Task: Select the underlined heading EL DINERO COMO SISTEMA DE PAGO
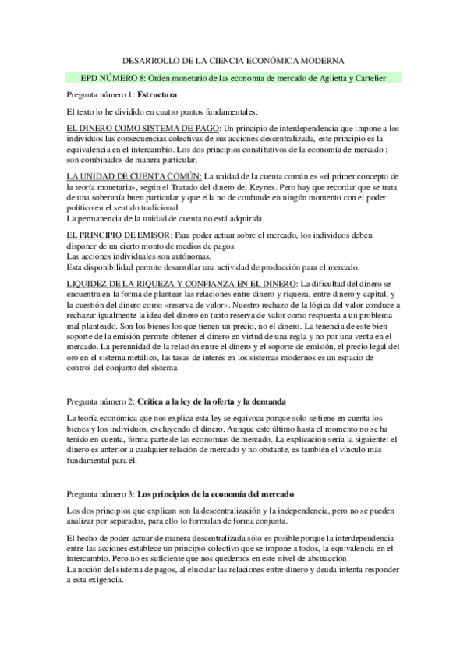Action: click(x=143, y=128)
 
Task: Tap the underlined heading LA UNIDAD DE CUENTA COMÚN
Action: click(x=134, y=177)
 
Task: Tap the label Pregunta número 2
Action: click(x=100, y=401)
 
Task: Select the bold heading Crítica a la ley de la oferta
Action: click(x=205, y=401)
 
